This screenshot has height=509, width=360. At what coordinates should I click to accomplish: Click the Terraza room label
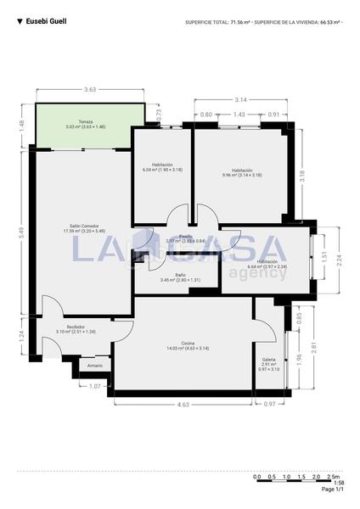pyautogui.click(x=85, y=123)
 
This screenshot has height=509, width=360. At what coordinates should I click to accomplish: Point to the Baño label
pyautogui.click(x=181, y=275)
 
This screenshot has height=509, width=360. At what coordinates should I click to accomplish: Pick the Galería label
pyautogui.click(x=268, y=360)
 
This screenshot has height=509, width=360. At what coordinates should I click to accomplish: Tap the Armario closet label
pyautogui.click(x=95, y=366)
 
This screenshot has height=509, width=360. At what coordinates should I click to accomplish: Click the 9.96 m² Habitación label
pyautogui.click(x=242, y=171)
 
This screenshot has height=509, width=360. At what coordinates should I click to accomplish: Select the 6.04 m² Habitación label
pyautogui.click(x=162, y=165)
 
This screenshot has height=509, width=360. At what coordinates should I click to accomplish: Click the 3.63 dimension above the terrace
pyautogui.click(x=89, y=89)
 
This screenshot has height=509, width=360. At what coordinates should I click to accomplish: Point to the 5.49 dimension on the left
pyautogui.click(x=22, y=230)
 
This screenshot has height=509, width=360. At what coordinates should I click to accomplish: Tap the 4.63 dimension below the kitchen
pyautogui.click(x=183, y=405)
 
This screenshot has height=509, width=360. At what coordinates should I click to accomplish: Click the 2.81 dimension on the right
pyautogui.click(x=313, y=347)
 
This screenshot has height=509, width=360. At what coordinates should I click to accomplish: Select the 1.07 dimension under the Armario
pyautogui.click(x=95, y=386)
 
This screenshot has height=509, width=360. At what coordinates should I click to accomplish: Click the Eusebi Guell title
pyautogui.click(x=46, y=21)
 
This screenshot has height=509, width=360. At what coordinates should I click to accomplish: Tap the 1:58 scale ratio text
pyautogui.click(x=338, y=483)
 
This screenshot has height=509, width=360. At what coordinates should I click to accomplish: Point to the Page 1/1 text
pyautogui.click(x=333, y=489)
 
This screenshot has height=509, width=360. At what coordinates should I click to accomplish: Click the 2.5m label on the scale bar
pyautogui.click(x=335, y=477)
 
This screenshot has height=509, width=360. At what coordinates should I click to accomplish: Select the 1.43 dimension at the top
pyautogui.click(x=239, y=115)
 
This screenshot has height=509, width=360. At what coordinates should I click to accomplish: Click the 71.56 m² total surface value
pyautogui.click(x=240, y=22)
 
